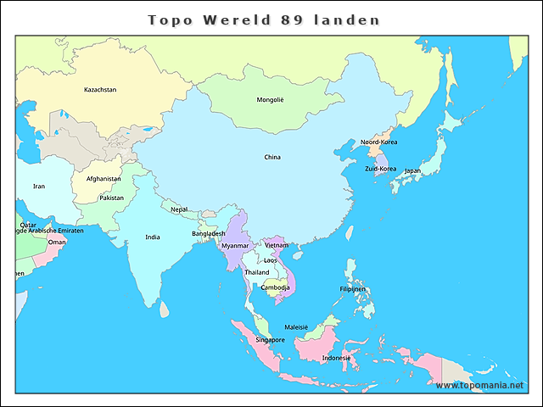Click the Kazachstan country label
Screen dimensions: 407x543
pos(100,90)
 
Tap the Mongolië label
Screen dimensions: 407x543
pos(271,100)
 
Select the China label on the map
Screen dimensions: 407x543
pos(272,157)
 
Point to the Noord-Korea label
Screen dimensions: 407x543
pos(378,142)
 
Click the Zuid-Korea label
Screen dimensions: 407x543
pos(380,169)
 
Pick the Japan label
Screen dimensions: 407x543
pos(411,170)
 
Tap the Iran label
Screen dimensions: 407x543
pos(39,186)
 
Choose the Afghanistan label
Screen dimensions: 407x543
pos(104,179)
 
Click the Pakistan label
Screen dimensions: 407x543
pos(111,198)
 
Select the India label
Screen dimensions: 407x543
pos(152,237)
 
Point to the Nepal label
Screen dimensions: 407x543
pos(179,209)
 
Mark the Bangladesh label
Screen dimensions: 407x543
pos(209,233)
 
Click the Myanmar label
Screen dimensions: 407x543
pos(235,246)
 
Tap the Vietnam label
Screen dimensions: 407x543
pos(277,245)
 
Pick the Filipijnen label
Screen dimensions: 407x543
pos(352,289)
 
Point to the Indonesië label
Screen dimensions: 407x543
pos(336,358)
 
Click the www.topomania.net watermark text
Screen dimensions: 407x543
pos(480,385)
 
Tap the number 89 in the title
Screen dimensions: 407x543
pos(289,19)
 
